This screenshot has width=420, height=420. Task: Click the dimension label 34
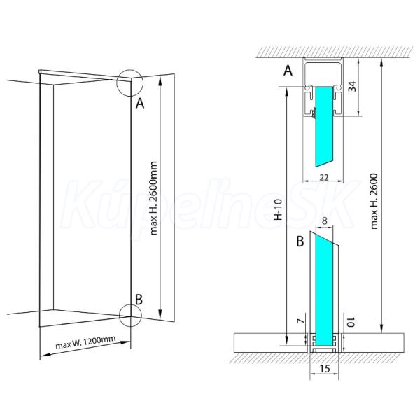click(353, 86)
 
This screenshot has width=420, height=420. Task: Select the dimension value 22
click(324, 177)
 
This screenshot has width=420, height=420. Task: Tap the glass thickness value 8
click(325, 221)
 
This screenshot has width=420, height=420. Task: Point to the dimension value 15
click(324, 369)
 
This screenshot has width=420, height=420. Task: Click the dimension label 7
click(302, 321)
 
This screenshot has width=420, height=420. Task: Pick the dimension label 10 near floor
click(351, 322)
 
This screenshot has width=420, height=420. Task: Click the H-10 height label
click(279, 209)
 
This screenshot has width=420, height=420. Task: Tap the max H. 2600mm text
click(153, 198)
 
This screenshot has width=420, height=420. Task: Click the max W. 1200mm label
click(85, 342)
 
